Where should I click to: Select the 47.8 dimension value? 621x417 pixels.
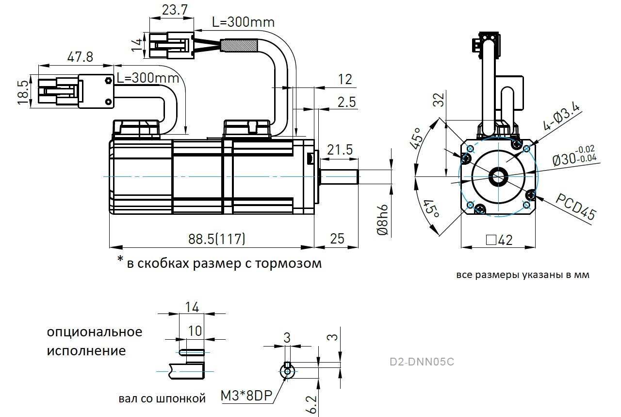coord(80,57)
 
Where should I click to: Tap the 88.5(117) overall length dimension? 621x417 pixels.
coord(216,239)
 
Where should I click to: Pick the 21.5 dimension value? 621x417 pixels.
coord(340,150)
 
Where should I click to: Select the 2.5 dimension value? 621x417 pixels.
coord(346,102)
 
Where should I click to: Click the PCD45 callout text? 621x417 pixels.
coord(575,208)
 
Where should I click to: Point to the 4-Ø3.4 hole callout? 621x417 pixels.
coord(561,118)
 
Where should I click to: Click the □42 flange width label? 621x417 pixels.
coord(499,240)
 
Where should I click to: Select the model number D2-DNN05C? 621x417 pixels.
coord(422,362)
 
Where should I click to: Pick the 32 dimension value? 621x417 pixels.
coord(439,100)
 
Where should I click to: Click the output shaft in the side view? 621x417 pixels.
coord(340,176)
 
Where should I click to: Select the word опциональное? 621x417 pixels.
coord(95,332)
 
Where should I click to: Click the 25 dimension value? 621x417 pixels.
coord(337,239)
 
